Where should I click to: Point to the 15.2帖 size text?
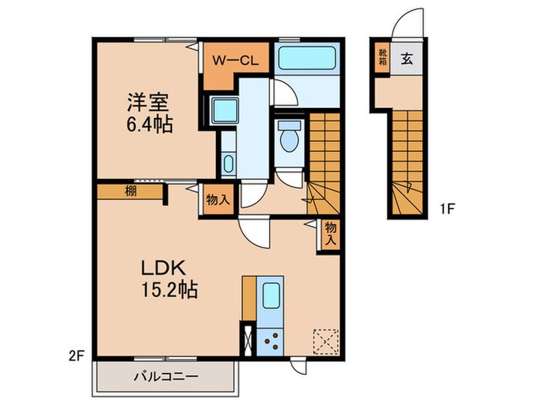pyautogui.click(x=170, y=291)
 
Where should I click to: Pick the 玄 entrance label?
pyautogui.click(x=406, y=56)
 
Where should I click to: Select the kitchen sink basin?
pyautogui.click(x=271, y=296)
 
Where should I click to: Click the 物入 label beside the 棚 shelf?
pyautogui.click(x=217, y=199)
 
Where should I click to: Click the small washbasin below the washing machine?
pyautogui.click(x=227, y=163)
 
